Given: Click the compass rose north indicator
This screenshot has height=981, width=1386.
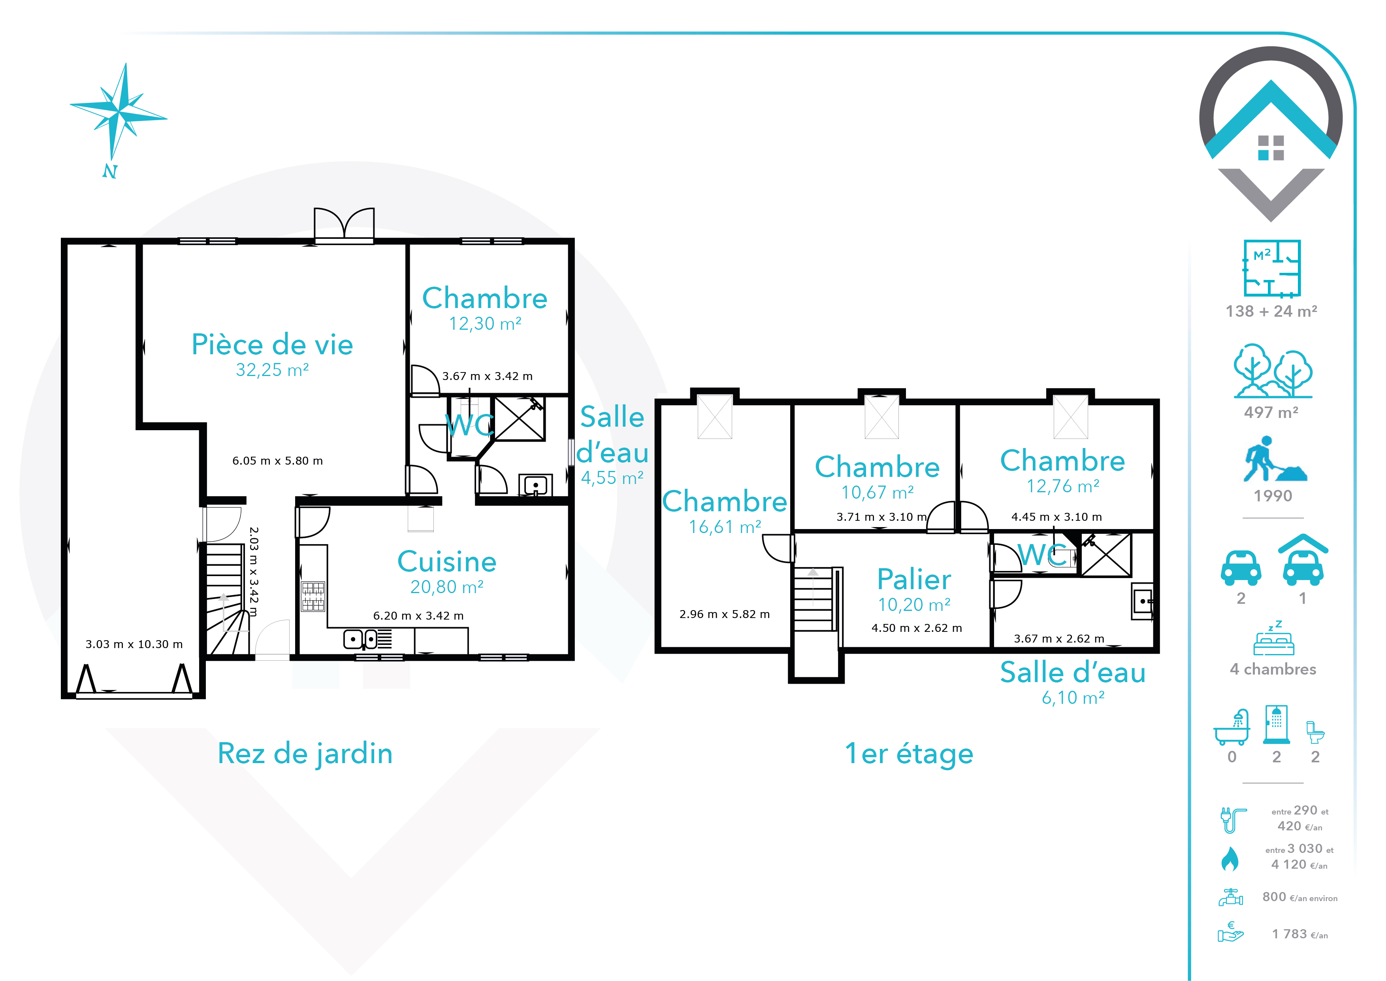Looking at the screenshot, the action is pyautogui.click(x=109, y=171).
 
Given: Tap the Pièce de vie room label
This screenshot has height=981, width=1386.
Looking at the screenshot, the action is pyautogui.click(x=272, y=344).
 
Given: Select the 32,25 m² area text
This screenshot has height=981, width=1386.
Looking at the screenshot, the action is pyautogui.click(x=272, y=370).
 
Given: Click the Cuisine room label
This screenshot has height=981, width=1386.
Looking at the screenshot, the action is pyautogui.click(x=447, y=562).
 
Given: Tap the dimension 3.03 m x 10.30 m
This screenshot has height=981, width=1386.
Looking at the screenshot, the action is pyautogui.click(x=134, y=644).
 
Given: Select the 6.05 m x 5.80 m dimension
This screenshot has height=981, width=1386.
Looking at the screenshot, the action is pyautogui.click(x=278, y=461).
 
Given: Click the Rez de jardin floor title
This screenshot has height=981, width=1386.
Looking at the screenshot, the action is pyautogui.click(x=305, y=754).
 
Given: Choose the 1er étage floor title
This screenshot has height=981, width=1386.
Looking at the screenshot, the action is pyautogui.click(x=909, y=754).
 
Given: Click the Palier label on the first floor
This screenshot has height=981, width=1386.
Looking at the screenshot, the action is pyautogui.click(x=914, y=579).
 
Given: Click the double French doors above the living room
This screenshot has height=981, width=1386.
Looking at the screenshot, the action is pyautogui.click(x=344, y=225).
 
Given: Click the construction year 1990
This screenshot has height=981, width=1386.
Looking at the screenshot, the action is pyautogui.click(x=1273, y=496).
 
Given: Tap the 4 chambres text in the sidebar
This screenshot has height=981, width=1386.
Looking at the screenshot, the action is pyautogui.click(x=1273, y=669).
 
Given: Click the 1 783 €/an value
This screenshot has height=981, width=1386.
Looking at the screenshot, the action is pyautogui.click(x=1300, y=934).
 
